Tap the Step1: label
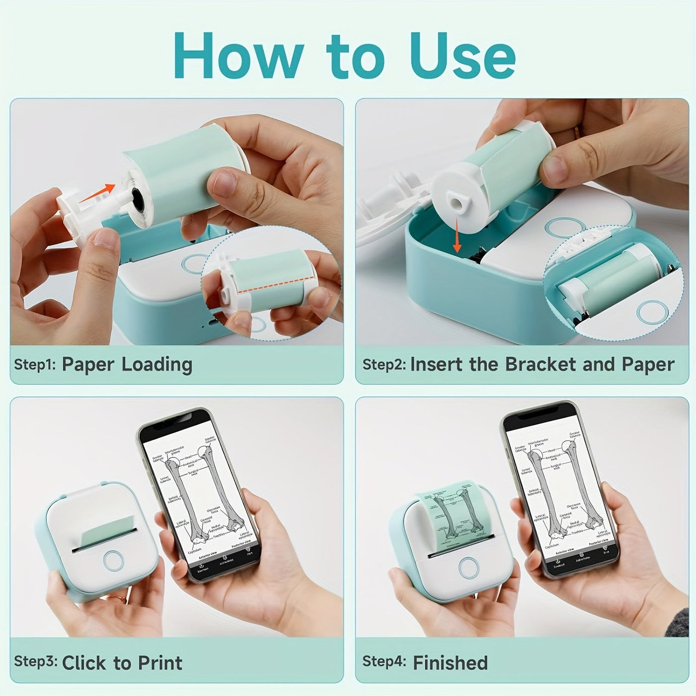click(x=35, y=365)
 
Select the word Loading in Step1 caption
click(x=157, y=365)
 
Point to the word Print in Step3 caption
click(x=160, y=663)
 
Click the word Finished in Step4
click(x=450, y=663)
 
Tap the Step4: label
click(x=384, y=662)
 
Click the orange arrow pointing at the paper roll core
click(x=97, y=193)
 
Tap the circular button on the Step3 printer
click(x=113, y=560)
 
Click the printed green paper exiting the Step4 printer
click(x=450, y=512)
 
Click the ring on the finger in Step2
click(x=577, y=133)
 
